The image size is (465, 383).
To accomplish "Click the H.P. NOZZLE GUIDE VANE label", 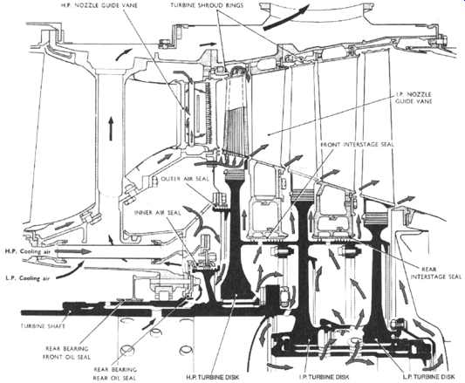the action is [99, 5].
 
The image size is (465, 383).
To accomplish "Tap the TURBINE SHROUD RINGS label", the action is [207, 5].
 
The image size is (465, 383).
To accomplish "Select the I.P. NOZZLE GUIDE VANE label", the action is [414, 98].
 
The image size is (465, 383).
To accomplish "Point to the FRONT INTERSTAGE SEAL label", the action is [357, 145].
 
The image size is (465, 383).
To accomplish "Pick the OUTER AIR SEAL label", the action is [185, 179].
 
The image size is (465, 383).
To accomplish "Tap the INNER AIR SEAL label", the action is [157, 212].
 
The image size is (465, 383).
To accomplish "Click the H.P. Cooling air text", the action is [28, 251].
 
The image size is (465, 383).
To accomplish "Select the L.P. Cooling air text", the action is [27, 278].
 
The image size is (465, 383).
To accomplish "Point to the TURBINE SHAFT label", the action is [43, 325].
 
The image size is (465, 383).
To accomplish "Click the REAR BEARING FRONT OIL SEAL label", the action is [66, 352].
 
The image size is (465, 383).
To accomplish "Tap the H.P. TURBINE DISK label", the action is [212, 377].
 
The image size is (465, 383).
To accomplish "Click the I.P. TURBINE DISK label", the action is [324, 377].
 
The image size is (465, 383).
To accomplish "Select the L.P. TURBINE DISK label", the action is [428, 377].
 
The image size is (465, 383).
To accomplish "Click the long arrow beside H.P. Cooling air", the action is [73, 251].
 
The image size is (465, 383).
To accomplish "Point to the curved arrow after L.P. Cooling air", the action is [71, 270].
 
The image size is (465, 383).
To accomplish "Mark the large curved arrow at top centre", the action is [286, 17].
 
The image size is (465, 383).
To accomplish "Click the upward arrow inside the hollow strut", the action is [111, 128].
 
